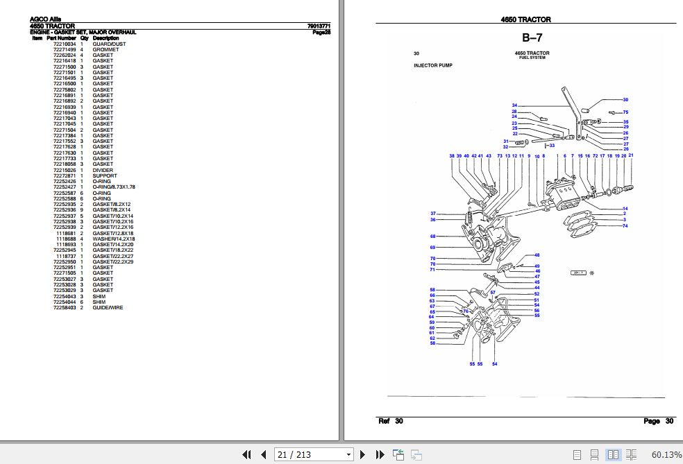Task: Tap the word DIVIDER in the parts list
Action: click(x=103, y=170)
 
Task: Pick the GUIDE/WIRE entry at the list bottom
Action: click(x=108, y=307)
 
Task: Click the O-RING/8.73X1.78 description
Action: click(x=114, y=187)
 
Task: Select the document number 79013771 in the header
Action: click(x=318, y=26)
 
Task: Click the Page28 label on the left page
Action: click(x=321, y=32)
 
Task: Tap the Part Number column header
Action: click(x=61, y=37)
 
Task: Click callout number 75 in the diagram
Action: click(x=625, y=112)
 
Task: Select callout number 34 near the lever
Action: click(x=514, y=105)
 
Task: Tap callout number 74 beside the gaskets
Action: click(x=625, y=226)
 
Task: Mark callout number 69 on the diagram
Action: click(x=432, y=248)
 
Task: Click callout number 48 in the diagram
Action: click(x=537, y=255)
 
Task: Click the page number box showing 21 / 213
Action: click(x=314, y=454)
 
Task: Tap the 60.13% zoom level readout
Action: click(x=666, y=454)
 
